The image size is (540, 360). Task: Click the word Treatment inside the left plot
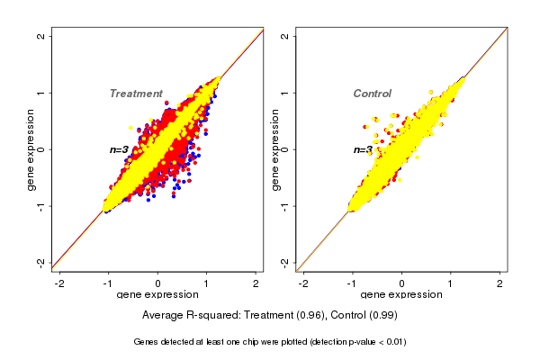pos(136,94)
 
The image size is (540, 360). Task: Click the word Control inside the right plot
pos(373,94)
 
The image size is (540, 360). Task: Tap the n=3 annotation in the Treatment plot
pos(120,149)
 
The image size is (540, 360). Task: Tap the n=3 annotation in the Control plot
pos(363,149)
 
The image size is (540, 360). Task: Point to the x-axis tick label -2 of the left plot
pos(60,284)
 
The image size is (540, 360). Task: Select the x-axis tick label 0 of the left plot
pos(158,284)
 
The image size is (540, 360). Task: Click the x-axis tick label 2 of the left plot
pos(256,284)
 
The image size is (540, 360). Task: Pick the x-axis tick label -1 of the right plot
pos(352,284)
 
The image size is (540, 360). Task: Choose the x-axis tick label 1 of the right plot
pos(451,284)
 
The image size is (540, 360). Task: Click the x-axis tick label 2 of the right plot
pos(499,284)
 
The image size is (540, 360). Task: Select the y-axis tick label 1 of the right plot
pos(285,93)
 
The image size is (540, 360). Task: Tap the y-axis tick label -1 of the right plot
pos(285,206)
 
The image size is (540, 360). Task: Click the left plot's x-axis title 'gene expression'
pos(157,296)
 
